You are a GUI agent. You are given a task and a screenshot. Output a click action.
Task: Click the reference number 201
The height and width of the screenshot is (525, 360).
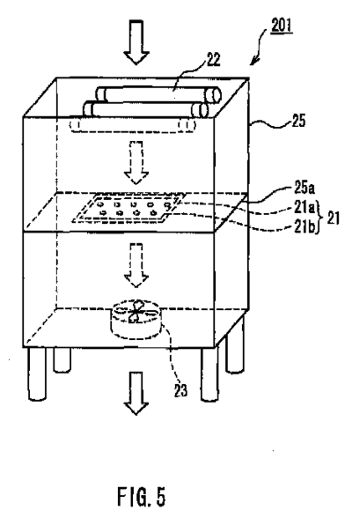point(282,26)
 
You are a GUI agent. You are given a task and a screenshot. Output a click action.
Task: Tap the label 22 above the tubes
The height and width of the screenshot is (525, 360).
point(214,60)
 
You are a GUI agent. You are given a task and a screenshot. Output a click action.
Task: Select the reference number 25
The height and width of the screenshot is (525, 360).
point(298,121)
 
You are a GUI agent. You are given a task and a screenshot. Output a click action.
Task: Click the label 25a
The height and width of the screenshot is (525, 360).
point(305,188)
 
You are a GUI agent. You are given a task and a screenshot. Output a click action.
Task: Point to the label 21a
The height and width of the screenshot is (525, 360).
point(305,208)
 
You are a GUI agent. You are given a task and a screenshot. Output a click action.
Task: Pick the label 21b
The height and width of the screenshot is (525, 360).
point(305,227)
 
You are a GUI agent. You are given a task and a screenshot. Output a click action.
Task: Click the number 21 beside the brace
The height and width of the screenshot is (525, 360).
point(333,218)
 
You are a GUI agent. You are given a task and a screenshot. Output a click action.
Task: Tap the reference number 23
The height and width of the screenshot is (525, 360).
point(180,390)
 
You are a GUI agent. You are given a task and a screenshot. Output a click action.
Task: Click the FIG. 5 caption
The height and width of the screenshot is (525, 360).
point(142,497)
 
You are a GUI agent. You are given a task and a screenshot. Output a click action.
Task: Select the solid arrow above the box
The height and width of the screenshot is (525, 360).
point(136,42)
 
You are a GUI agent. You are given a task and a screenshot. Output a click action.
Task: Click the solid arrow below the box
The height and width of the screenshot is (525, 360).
point(136,394)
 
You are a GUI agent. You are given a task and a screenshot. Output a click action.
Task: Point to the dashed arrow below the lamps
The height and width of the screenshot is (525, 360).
point(136,162)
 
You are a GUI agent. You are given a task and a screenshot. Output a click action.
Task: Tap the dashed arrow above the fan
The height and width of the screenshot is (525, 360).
point(136,265)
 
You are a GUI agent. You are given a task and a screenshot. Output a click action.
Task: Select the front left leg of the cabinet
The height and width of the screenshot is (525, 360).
point(37,373)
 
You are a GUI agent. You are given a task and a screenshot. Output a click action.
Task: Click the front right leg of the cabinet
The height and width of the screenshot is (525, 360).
point(209,374)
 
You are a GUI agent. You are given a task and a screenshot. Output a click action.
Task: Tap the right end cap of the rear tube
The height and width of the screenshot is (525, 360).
point(214,95)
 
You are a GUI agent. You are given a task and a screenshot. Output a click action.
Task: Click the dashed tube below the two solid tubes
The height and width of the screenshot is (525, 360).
point(133,126)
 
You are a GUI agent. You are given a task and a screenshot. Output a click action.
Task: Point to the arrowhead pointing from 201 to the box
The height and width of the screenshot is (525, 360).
point(254,60)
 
